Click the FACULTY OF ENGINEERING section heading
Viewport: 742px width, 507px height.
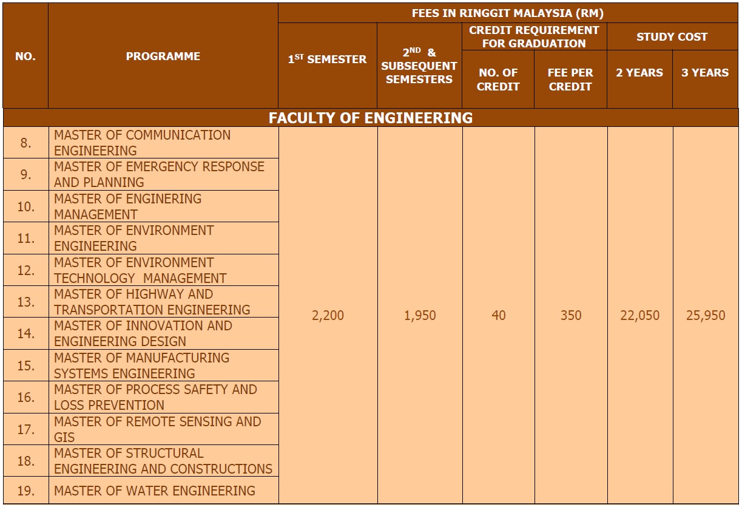(370, 118)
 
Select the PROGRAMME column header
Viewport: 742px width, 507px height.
(163, 56)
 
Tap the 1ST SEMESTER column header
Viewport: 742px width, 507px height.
(327, 60)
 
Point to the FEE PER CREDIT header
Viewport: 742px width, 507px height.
(570, 80)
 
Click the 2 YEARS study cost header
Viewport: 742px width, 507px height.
(639, 73)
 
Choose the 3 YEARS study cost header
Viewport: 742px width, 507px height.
(705, 73)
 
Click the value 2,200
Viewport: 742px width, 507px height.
(328, 316)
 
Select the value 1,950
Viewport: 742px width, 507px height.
(420, 316)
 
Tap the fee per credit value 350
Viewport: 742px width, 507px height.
(570, 316)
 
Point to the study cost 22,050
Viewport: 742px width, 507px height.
(639, 316)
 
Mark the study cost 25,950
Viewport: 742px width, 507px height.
(706, 316)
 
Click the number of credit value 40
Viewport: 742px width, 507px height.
(498, 316)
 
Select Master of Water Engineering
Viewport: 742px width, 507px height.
(154, 491)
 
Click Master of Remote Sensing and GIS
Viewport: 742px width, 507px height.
(157, 429)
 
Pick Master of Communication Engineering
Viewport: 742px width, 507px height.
(142, 143)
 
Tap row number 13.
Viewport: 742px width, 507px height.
(25, 302)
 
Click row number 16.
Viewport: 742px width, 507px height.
(25, 398)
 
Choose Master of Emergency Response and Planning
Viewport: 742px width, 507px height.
(159, 174)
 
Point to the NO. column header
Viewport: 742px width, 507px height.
(25, 56)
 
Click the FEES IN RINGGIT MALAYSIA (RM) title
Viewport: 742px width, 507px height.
(508, 13)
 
